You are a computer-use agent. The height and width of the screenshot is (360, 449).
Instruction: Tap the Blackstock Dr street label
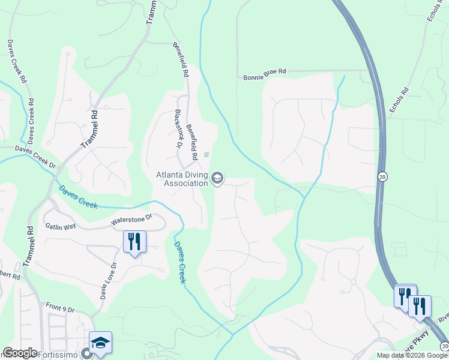pyautogui.click(x=178, y=128)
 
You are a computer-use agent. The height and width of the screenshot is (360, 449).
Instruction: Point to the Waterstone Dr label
pyautogui.click(x=132, y=220)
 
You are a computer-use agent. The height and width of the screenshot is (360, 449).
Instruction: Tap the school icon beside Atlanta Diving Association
pyautogui.click(x=217, y=178)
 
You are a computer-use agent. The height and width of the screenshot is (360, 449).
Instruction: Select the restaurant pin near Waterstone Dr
pyautogui.click(x=134, y=242)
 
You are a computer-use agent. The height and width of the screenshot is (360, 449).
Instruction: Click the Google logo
pyautogui.click(x=20, y=352)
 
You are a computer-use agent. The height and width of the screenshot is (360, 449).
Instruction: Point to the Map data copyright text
pyautogui.click(x=412, y=355)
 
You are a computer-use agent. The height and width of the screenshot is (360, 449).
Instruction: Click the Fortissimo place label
pyautogui.click(x=60, y=354)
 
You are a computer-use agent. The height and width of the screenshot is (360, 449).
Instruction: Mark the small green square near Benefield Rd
pyautogui.click(x=206, y=154)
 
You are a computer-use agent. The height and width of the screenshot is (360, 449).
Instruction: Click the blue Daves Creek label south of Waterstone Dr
pyautogui.click(x=179, y=263)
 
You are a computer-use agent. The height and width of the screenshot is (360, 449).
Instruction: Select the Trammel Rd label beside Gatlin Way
pyautogui.click(x=29, y=246)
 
